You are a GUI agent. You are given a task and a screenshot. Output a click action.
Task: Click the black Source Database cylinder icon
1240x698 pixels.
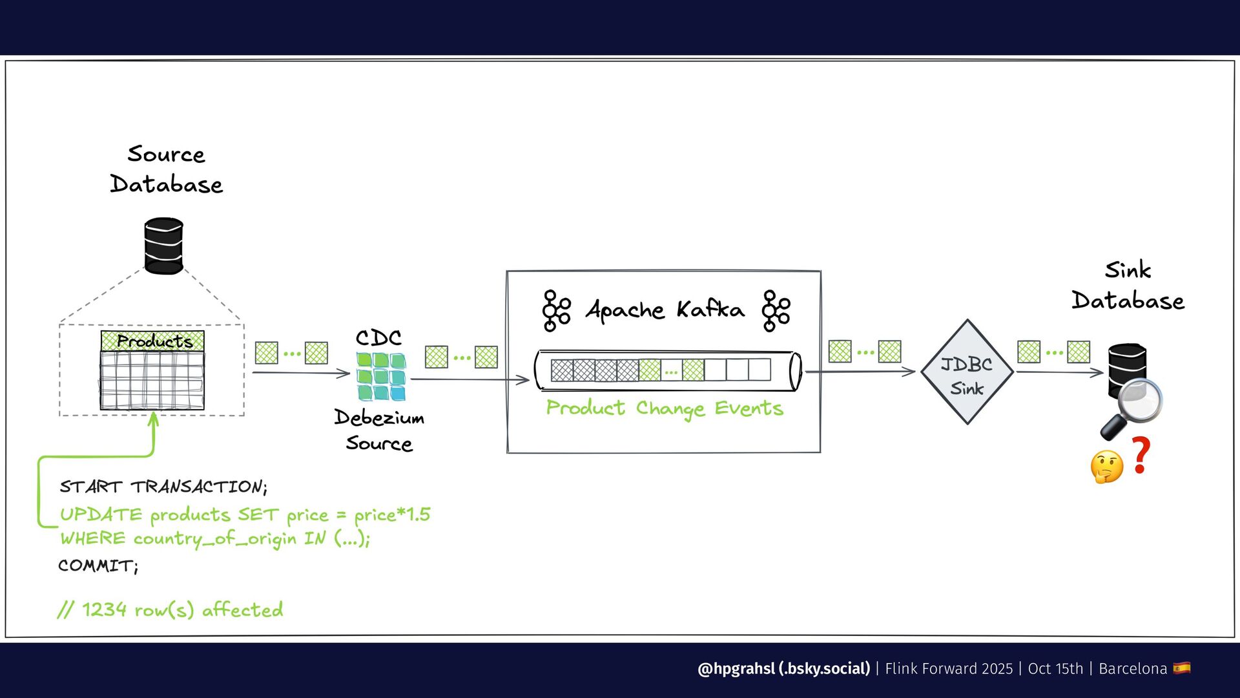click(163, 246)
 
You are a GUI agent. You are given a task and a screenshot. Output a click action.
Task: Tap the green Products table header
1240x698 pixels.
click(152, 341)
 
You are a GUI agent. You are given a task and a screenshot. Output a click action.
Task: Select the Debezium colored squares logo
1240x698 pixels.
click(381, 376)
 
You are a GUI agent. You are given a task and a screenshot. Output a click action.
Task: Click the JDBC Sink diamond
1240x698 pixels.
click(967, 372)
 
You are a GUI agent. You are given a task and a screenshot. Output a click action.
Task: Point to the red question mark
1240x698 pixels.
click(1141, 455)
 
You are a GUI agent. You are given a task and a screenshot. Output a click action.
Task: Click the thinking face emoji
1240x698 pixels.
click(1106, 467)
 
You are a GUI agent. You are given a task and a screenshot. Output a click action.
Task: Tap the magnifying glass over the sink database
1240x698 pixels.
click(1132, 407)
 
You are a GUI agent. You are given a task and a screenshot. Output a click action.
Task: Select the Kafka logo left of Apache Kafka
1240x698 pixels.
click(556, 311)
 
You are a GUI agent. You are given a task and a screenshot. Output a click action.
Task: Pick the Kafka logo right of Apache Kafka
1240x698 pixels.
click(776, 311)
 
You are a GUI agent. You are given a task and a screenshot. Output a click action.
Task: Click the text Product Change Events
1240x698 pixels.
click(665, 408)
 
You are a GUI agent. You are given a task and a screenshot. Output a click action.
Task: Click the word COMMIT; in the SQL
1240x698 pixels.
click(98, 566)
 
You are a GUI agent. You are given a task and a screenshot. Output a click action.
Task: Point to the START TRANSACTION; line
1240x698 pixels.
click(163, 487)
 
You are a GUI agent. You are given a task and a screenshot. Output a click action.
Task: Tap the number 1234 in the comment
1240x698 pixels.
click(104, 609)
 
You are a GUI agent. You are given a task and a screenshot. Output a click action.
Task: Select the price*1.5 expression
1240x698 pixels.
click(392, 514)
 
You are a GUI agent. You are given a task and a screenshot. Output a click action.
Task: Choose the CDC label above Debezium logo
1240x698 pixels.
click(378, 338)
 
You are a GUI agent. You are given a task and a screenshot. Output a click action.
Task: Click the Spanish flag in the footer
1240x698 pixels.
click(1182, 668)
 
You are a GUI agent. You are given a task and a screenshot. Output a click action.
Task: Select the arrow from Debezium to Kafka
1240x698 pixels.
click(470, 380)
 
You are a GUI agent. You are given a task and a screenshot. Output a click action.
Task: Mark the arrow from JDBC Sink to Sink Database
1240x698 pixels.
click(1059, 372)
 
